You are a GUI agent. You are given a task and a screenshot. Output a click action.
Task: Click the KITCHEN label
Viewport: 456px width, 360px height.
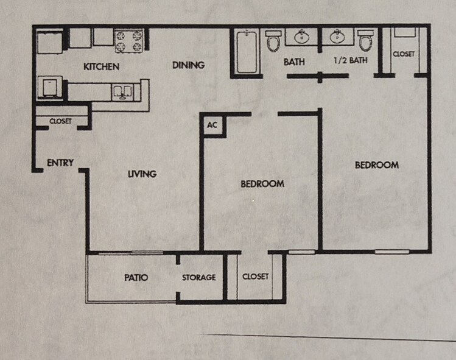point(101,66)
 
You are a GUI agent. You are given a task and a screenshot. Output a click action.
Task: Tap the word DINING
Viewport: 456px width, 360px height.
point(188,65)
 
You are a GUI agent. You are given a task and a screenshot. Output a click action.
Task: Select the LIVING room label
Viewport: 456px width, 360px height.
point(142,174)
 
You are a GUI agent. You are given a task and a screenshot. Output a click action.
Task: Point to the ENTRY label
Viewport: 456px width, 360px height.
point(60,163)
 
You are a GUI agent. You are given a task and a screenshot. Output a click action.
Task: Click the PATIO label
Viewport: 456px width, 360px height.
point(136,278)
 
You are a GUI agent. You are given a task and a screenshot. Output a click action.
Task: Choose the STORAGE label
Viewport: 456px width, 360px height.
point(199,278)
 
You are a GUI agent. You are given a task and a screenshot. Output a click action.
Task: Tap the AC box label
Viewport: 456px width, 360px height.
point(212,125)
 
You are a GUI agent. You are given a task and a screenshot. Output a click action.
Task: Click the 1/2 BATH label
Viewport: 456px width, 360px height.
point(351,61)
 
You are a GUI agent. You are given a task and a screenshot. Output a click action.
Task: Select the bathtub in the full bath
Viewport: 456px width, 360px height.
point(247,52)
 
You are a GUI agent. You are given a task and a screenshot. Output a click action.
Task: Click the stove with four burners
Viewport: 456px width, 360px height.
point(129,40)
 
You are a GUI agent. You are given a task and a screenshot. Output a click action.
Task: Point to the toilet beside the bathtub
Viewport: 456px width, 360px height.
point(273,41)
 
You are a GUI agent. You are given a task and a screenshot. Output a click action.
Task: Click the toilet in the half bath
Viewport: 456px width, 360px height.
point(365,41)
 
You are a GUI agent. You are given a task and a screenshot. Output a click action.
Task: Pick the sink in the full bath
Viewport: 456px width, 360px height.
point(302,37)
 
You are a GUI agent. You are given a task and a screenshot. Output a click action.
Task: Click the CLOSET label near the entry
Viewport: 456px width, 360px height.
point(60,121)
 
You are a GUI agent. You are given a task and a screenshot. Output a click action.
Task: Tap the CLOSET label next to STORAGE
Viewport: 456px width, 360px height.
point(255,277)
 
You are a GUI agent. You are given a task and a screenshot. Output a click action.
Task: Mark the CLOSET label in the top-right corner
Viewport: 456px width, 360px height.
point(404,54)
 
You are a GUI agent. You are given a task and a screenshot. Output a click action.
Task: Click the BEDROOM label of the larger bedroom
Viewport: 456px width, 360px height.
point(377,165)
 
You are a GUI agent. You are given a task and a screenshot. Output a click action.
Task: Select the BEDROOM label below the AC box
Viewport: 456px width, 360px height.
point(262,184)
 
